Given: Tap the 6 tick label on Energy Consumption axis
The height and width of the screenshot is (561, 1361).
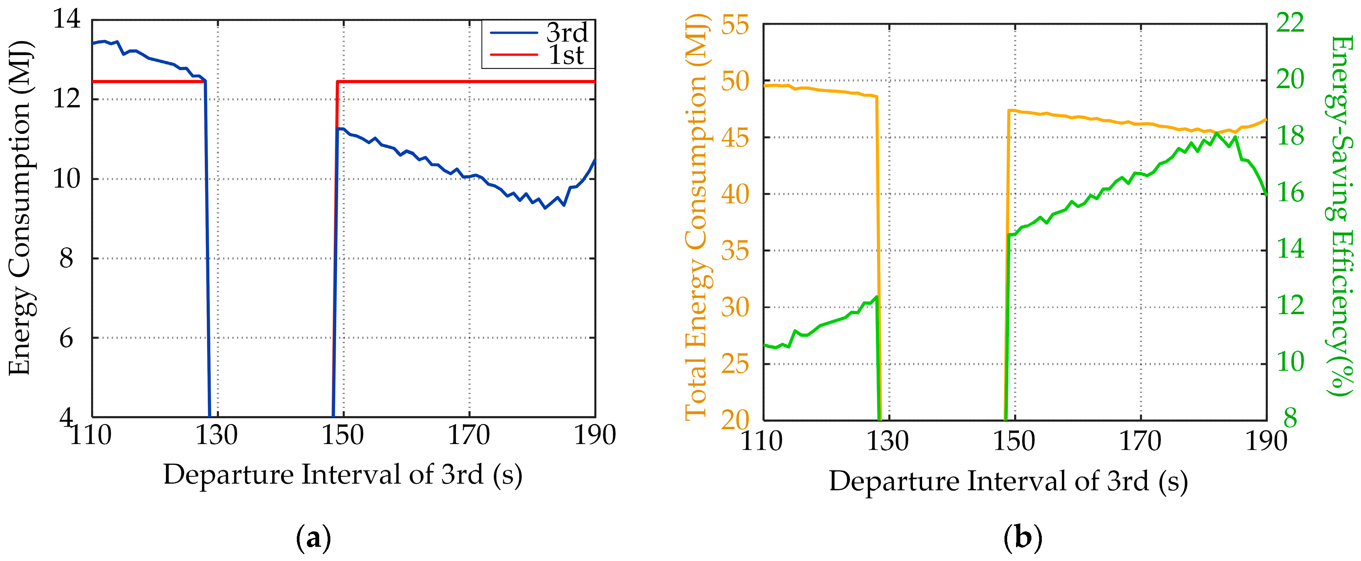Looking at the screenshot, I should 67,338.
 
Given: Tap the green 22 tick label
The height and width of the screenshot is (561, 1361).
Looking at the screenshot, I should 1290,23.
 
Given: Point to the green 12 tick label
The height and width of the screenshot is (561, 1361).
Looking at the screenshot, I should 1290,306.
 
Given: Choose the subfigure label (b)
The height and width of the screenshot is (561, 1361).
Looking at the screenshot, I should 1022,538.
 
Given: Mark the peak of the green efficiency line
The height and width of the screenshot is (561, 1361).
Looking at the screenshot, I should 1217,133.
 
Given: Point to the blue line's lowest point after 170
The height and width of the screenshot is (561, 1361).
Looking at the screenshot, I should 545,208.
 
